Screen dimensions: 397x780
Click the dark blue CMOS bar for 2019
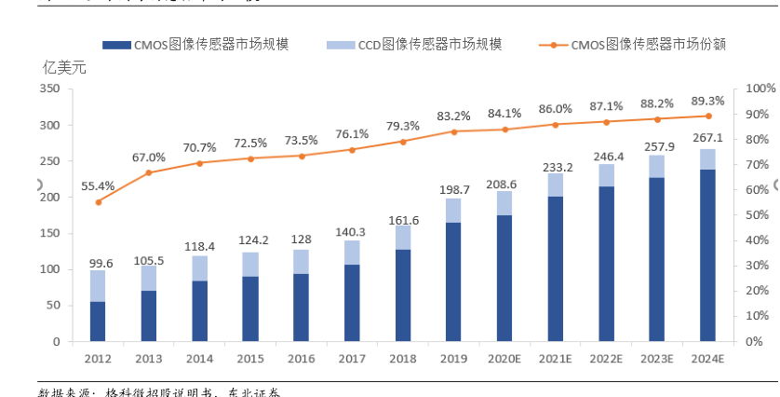coord(453,282)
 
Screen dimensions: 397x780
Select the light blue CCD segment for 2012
coord(98,286)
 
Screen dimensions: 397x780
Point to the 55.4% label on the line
coord(98,186)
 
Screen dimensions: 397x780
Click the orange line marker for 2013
coord(149,172)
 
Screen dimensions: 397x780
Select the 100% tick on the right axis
coord(760,89)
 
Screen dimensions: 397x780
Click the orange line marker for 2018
coord(403,142)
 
